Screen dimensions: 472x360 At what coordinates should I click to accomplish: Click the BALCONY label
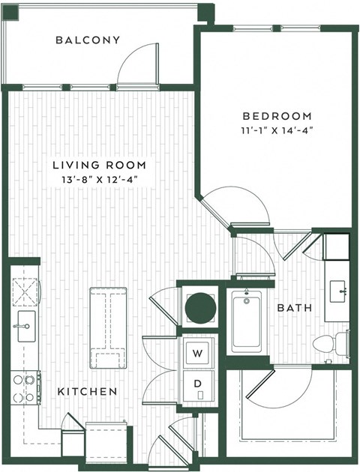click(x=88, y=40)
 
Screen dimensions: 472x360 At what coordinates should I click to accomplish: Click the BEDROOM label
click(x=276, y=115)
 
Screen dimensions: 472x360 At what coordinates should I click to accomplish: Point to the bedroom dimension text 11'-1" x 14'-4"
click(x=276, y=130)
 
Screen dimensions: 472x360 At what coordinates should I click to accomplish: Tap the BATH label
click(x=289, y=307)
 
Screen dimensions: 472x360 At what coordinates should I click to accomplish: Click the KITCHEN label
click(x=88, y=391)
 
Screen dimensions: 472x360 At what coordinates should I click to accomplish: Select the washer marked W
click(x=199, y=353)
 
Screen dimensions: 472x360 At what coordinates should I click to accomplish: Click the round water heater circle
click(x=200, y=307)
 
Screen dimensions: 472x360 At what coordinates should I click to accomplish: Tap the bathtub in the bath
click(x=246, y=322)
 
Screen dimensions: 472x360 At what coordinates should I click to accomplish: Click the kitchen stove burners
click(x=23, y=388)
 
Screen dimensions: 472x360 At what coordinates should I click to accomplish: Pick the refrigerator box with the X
click(x=23, y=288)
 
